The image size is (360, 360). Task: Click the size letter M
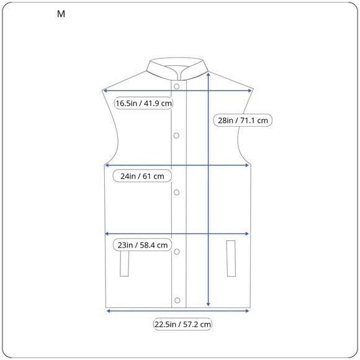(61, 14)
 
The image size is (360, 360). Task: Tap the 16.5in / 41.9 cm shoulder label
(143, 103)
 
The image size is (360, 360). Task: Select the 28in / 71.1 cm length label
(243, 120)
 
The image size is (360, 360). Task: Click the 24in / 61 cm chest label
(142, 176)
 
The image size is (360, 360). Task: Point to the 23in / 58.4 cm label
(142, 245)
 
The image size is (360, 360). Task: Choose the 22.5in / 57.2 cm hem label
(182, 324)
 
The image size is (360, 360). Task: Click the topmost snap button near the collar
(176, 86)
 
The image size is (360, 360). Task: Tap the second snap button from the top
(176, 136)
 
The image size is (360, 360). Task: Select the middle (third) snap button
(176, 192)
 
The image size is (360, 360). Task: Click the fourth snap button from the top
(176, 251)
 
